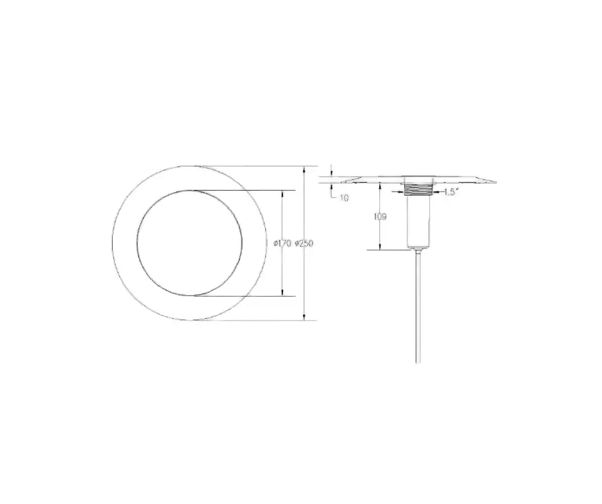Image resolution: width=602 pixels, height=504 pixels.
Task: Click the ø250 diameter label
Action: [304, 244]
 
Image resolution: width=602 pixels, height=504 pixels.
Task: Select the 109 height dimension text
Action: [380, 217]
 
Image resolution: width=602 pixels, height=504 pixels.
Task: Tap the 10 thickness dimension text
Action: [345, 198]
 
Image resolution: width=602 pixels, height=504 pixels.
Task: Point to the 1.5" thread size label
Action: [451, 193]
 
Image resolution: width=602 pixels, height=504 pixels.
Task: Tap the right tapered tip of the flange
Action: [496, 182]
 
